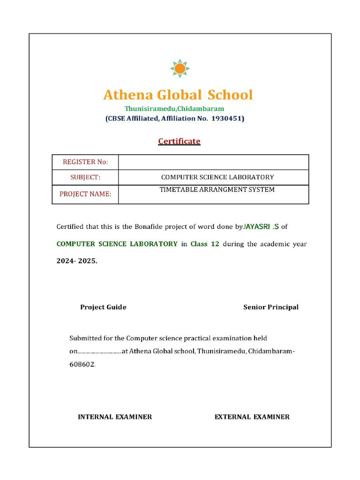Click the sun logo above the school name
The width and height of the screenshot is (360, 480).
click(180, 68)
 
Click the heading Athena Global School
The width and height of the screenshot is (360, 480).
click(178, 95)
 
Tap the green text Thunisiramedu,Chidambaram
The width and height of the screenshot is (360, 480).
click(174, 109)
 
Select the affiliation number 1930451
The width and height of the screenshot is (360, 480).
click(227, 119)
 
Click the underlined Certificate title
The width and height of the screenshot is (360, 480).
click(179, 141)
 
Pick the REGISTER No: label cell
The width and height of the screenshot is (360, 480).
click(85, 162)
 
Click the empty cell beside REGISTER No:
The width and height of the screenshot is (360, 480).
click(213, 162)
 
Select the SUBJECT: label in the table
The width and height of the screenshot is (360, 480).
click(85, 177)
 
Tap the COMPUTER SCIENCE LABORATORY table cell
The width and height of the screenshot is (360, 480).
click(217, 177)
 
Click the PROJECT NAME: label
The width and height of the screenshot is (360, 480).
click(85, 194)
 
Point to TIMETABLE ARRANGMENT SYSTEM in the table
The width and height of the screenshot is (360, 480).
click(217, 190)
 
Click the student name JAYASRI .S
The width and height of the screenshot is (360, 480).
click(261, 227)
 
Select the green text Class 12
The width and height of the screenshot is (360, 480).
click(205, 244)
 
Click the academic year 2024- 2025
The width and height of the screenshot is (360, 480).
click(77, 261)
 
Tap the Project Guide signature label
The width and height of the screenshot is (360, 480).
click(103, 307)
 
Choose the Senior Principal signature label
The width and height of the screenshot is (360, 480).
click(270, 307)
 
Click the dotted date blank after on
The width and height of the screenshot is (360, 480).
click(99, 352)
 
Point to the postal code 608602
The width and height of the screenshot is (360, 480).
click(82, 364)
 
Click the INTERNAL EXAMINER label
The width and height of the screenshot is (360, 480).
click(115, 417)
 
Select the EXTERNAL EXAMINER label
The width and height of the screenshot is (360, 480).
click(252, 417)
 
